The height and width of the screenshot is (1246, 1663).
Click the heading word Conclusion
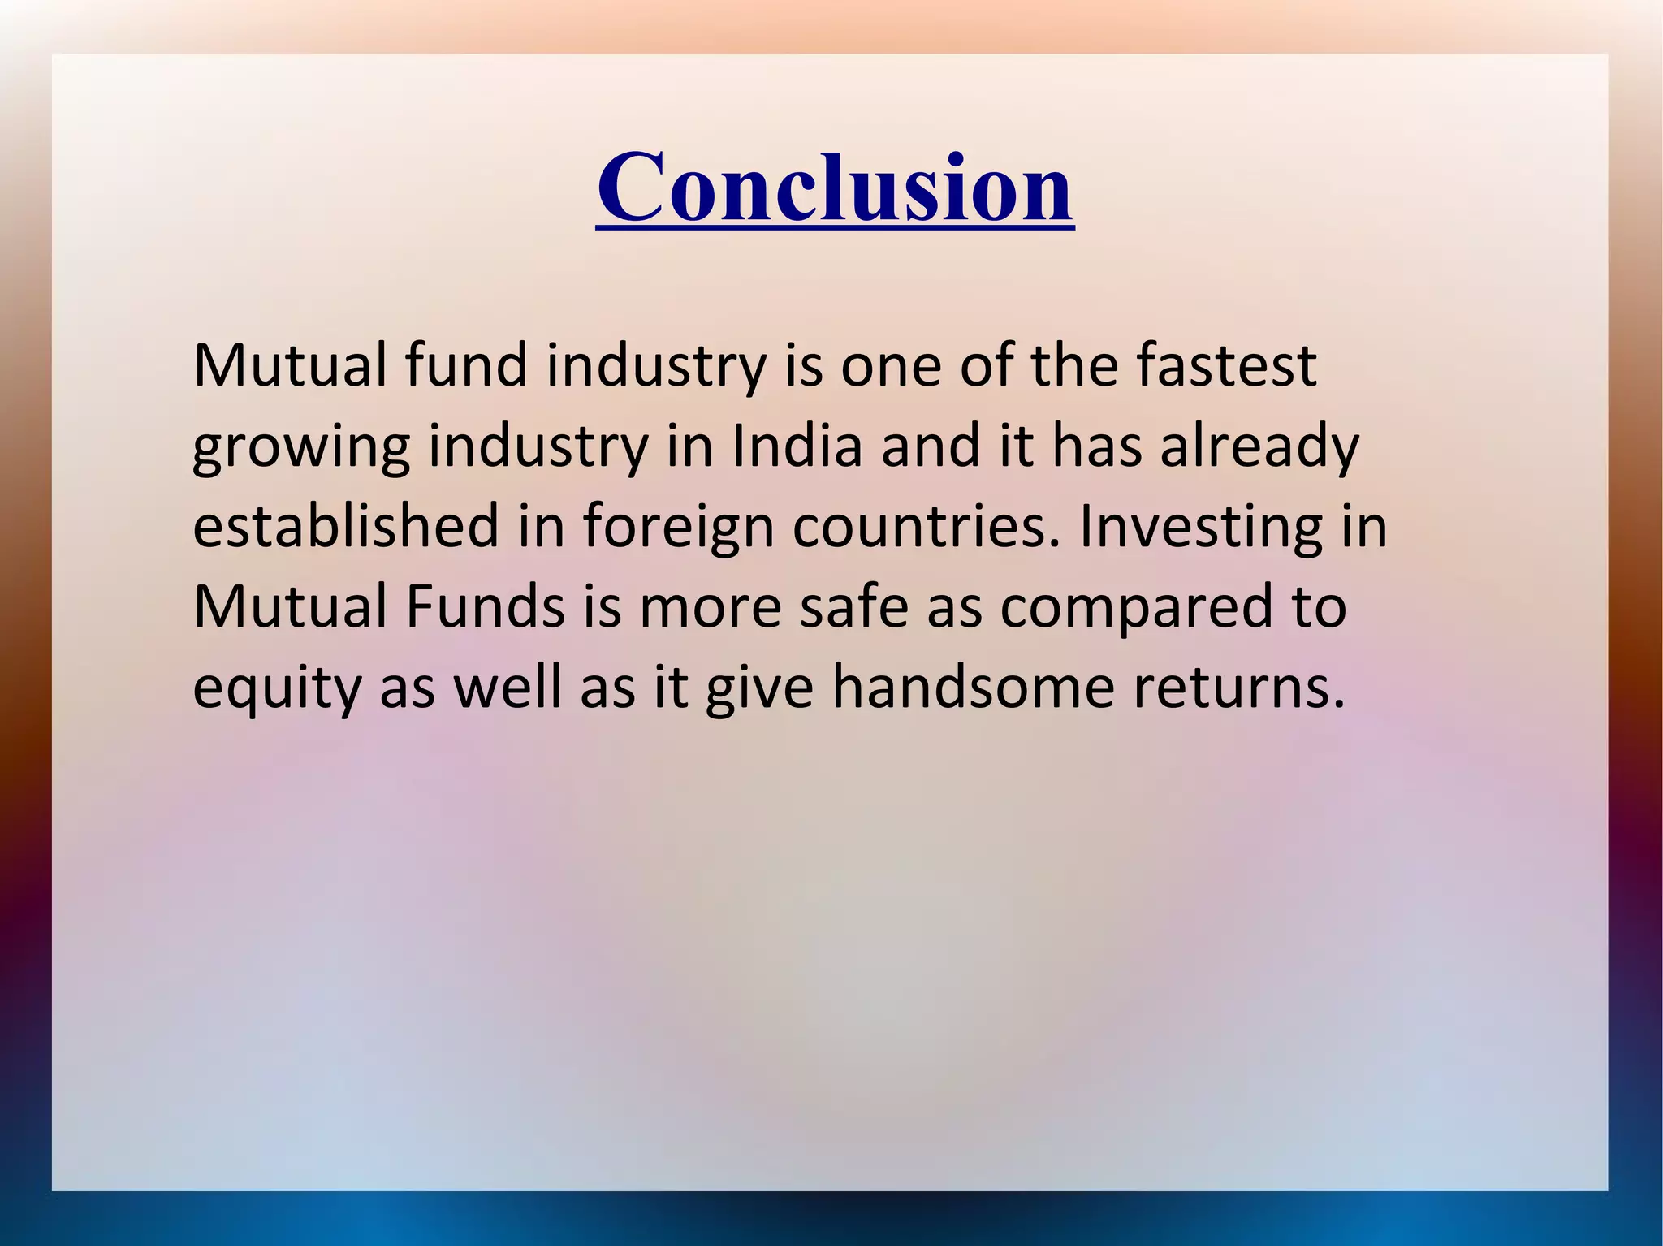coord(835,188)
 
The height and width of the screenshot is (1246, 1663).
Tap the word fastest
coord(1226,366)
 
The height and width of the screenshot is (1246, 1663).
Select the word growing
coord(301,447)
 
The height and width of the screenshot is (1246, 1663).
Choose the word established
coord(346,526)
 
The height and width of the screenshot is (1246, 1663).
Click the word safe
coord(853,606)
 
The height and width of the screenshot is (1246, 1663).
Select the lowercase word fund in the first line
coord(466,366)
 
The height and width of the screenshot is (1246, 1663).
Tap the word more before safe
coord(711,606)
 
